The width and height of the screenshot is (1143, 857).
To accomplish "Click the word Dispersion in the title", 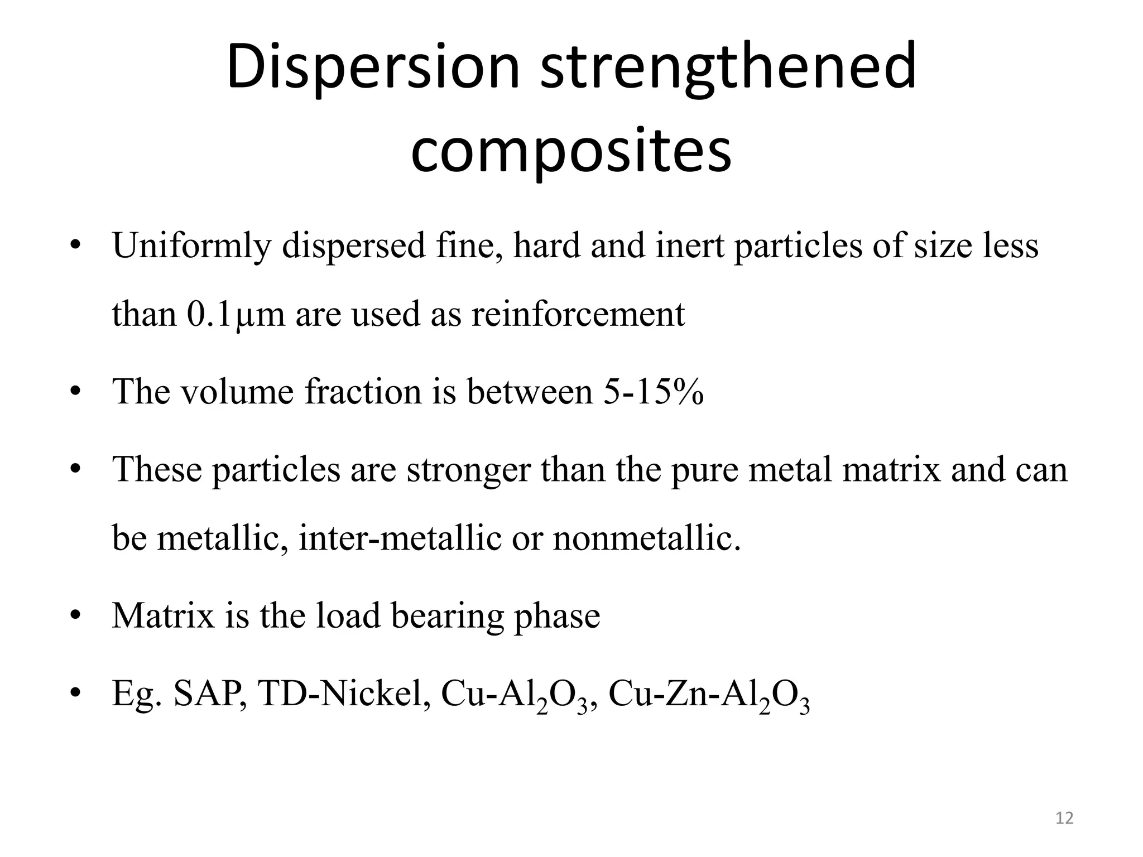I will click(373, 68).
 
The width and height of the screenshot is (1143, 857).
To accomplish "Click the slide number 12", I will click(1065, 818).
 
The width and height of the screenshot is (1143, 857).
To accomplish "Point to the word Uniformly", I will click(191, 245).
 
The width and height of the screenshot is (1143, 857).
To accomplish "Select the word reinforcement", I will click(578, 314).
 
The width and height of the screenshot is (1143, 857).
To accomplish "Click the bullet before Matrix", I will click(75, 616).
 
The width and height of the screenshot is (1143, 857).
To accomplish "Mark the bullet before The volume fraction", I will click(75, 392).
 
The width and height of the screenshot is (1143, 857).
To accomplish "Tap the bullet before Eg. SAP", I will click(75, 694).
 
